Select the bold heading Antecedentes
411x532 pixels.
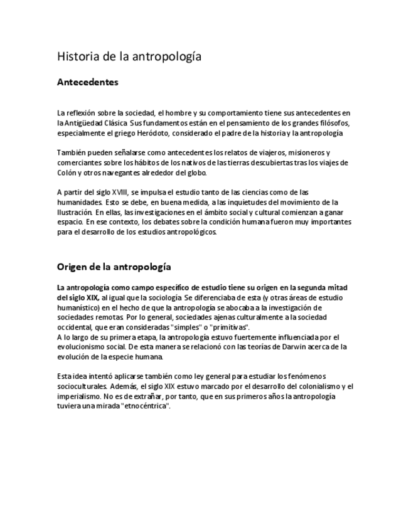(88, 82)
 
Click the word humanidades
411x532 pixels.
(79, 202)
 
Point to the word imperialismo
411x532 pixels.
(78, 396)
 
